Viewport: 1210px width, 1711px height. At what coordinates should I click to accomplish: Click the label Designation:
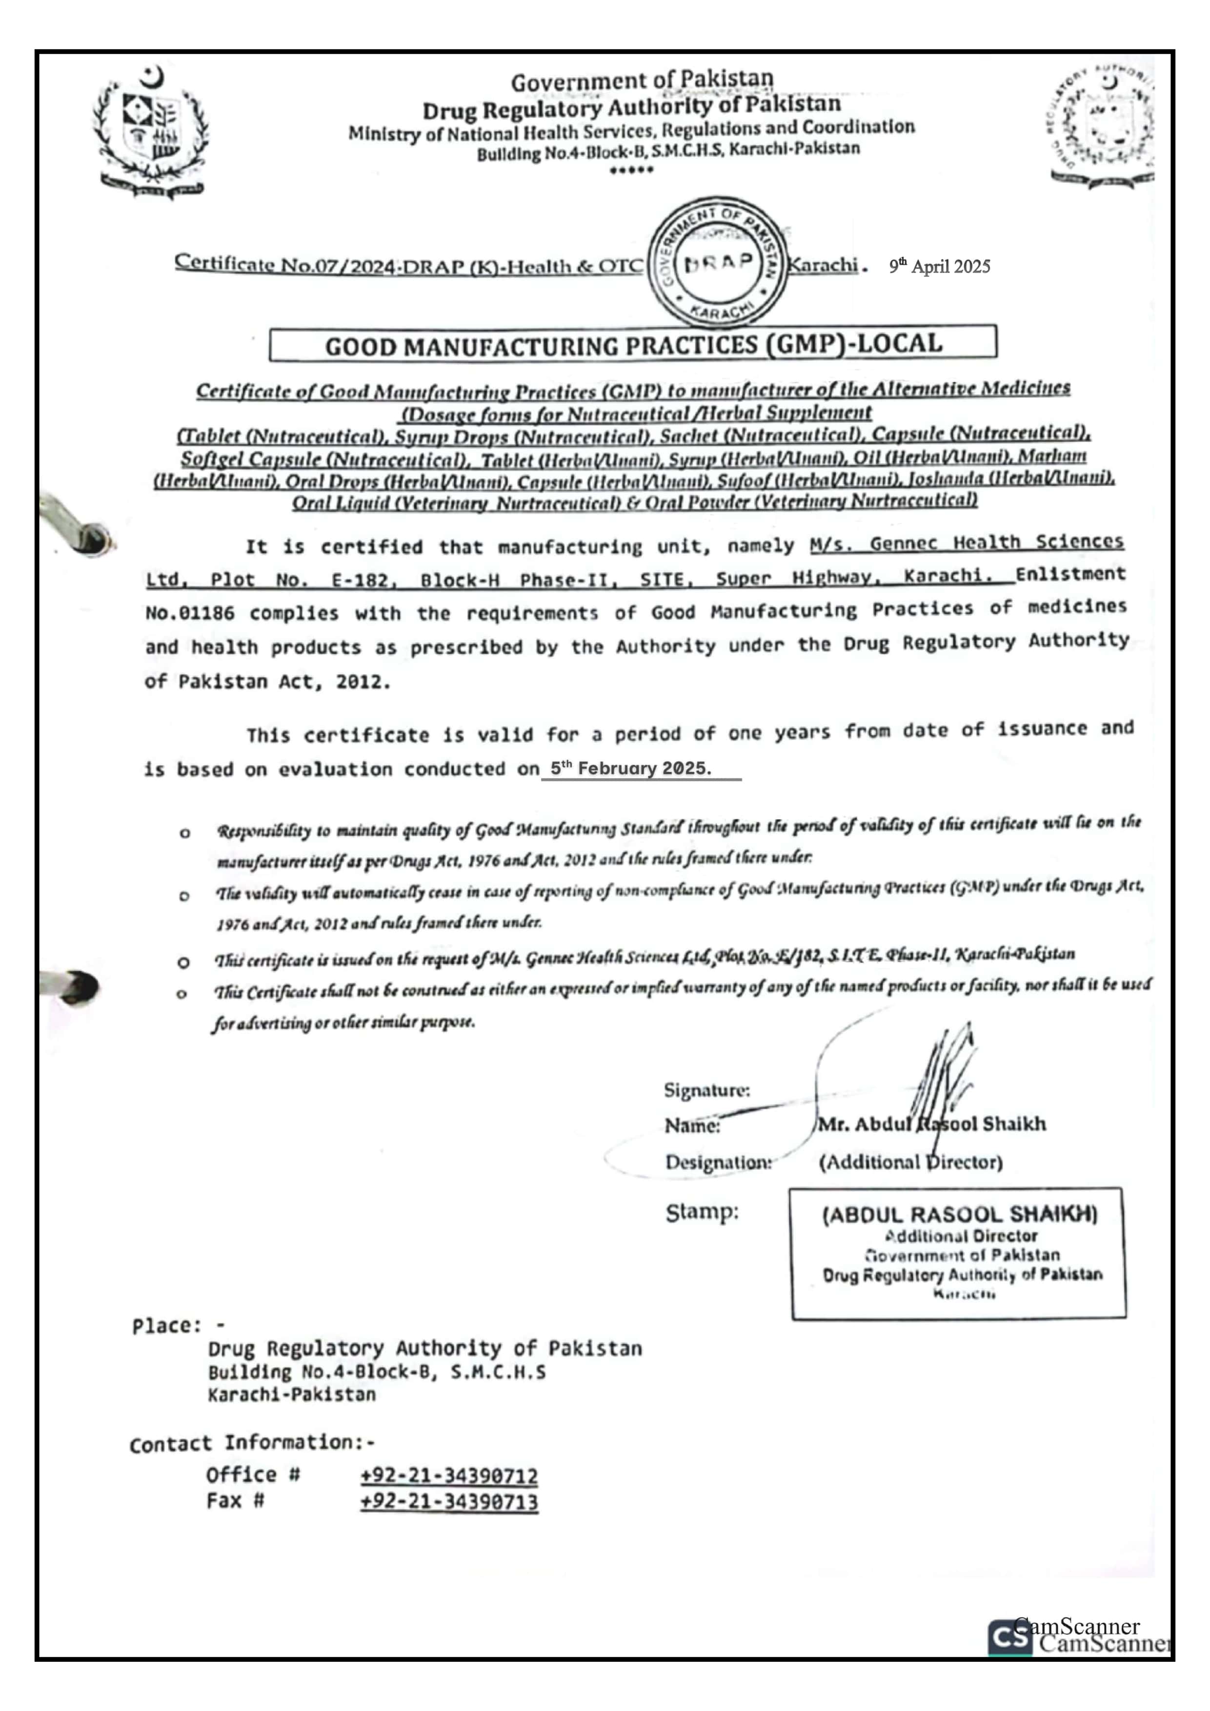(x=718, y=1162)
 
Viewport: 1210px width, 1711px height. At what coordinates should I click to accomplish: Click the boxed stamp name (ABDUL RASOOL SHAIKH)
(x=960, y=1215)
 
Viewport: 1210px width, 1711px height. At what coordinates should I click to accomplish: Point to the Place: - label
(x=178, y=1326)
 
